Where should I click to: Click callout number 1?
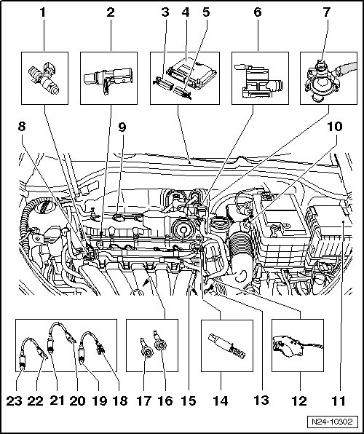[42, 12]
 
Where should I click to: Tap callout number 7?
[326, 12]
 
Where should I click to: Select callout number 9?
[122, 127]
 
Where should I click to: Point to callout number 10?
[335, 127]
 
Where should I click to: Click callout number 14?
[221, 401]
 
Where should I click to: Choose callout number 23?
[14, 401]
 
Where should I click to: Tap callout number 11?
[339, 401]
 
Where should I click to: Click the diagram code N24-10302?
[332, 422]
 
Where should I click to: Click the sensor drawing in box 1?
[44, 78]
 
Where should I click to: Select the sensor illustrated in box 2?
[108, 79]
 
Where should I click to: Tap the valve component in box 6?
[258, 81]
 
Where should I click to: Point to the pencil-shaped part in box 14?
[226, 346]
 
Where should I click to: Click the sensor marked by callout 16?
[159, 342]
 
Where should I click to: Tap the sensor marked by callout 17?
[147, 349]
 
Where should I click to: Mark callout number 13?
[261, 400]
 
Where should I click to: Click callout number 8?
[22, 127]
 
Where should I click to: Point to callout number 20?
[77, 401]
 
